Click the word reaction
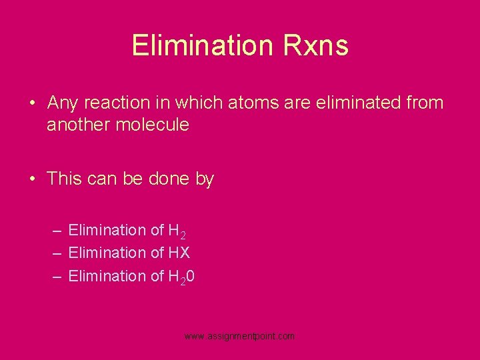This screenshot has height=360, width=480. tap(115, 103)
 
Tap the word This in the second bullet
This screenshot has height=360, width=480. tap(63, 179)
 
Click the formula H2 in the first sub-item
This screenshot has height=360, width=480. tap(177, 231)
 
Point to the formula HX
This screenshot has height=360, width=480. tap(179, 253)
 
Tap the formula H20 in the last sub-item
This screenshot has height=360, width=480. tap(181, 276)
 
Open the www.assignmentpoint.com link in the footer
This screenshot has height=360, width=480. tap(239, 337)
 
